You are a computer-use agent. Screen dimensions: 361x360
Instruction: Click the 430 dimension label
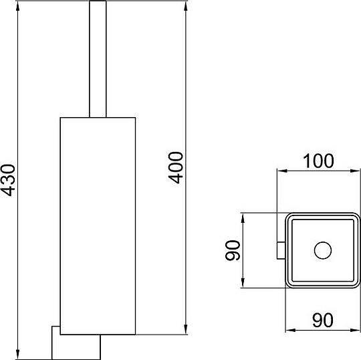8,180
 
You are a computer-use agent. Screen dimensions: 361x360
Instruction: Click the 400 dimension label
176,167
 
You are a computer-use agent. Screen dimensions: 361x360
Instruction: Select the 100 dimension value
318,161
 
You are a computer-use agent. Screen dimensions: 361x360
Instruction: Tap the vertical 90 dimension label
233,250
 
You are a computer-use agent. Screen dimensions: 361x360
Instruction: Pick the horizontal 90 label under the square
322,320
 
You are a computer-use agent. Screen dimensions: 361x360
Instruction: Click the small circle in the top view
323,250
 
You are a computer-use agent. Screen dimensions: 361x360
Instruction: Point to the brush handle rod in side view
98,59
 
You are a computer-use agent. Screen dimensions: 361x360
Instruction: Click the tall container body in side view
98,226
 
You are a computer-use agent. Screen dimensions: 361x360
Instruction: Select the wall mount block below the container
76,343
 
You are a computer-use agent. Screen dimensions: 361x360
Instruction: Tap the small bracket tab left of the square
281,250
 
